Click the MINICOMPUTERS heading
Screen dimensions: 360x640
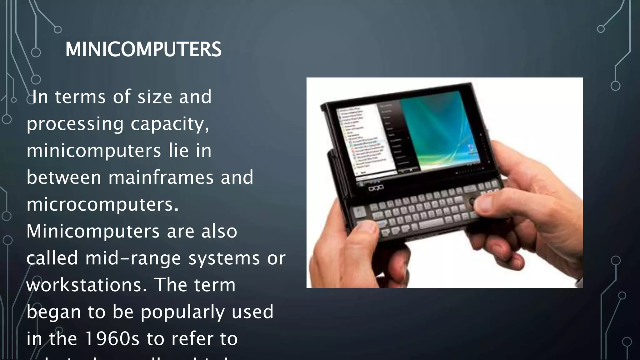(x=143, y=49)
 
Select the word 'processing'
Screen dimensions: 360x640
(x=75, y=124)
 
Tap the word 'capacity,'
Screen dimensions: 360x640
(x=170, y=124)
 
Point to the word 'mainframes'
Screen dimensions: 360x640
(x=161, y=177)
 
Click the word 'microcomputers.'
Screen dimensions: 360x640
(x=102, y=205)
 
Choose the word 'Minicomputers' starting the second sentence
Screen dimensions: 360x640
(x=93, y=232)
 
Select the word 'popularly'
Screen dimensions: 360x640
(x=182, y=312)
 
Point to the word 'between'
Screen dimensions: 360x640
(x=64, y=177)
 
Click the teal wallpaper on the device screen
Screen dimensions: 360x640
(x=444, y=131)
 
